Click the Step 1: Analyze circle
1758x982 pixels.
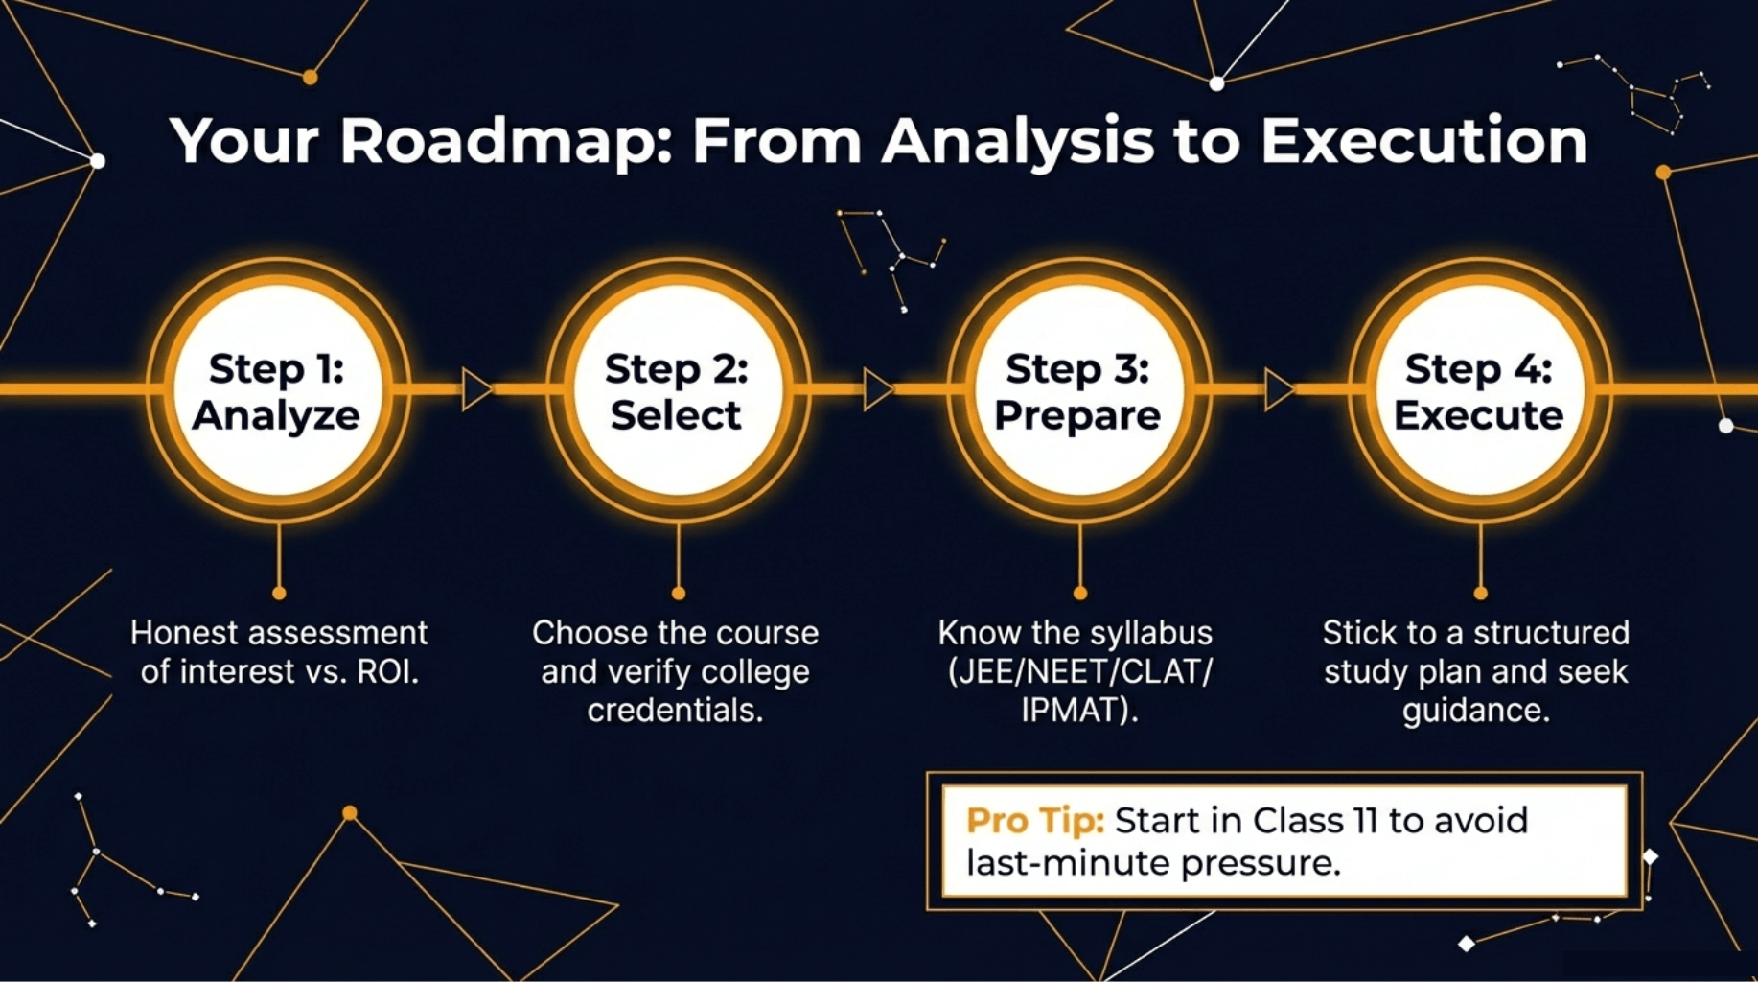click(x=278, y=390)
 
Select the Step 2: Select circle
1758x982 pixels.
click(x=678, y=390)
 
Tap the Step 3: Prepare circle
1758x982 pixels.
click(x=1078, y=390)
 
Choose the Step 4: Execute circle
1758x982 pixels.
click(x=1479, y=390)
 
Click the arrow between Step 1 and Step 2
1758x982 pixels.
click(x=476, y=389)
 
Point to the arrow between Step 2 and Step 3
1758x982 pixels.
click(x=877, y=389)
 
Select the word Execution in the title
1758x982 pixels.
click(x=1423, y=142)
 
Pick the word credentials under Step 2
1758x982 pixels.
click(x=675, y=711)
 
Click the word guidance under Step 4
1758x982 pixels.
click(x=1475, y=711)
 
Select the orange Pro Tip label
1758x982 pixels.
click(x=1035, y=821)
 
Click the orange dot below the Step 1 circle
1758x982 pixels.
click(x=279, y=594)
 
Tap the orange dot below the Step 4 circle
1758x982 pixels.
click(x=1480, y=594)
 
